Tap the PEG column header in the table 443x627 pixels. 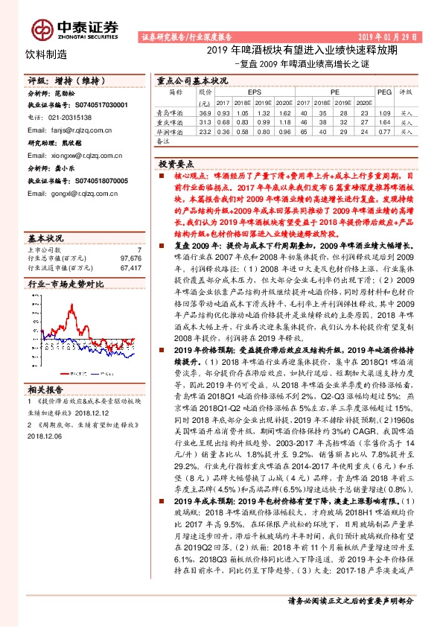point(384,92)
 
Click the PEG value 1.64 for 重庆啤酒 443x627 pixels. point(384,121)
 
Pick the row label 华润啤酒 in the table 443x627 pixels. point(170,131)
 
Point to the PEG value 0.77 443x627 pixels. point(384,131)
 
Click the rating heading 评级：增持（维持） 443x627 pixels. point(56,79)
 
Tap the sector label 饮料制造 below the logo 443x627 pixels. point(46,54)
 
